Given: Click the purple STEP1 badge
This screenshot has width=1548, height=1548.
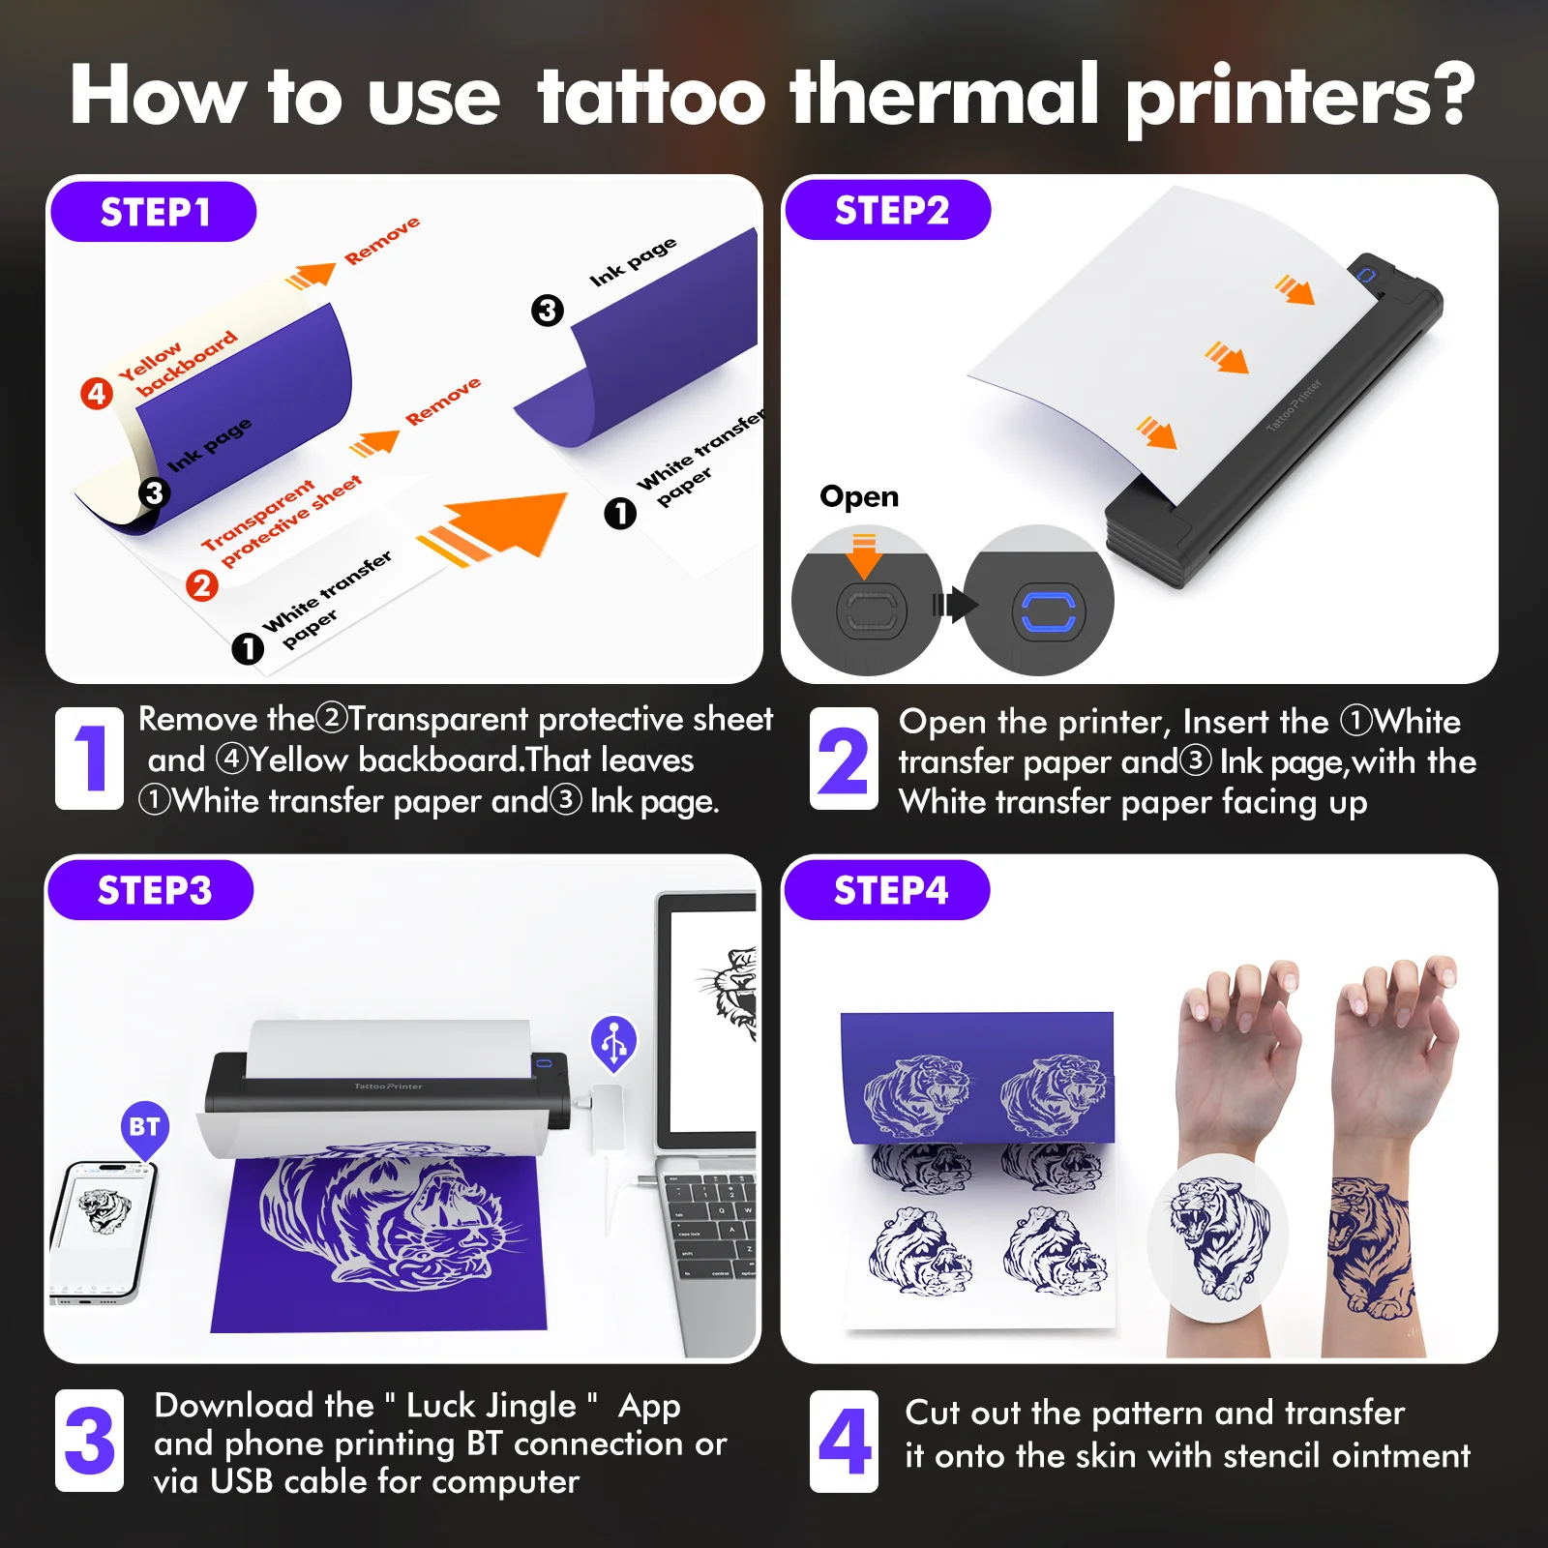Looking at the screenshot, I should [x=154, y=212].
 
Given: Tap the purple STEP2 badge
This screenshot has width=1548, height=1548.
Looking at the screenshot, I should [x=888, y=210].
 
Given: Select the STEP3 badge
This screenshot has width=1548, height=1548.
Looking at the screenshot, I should [x=151, y=890].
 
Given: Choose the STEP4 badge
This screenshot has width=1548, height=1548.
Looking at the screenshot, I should [x=887, y=890].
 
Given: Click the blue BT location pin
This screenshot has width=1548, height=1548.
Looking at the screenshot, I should [x=145, y=1128].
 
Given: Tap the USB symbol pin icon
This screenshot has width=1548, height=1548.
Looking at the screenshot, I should [x=614, y=1043].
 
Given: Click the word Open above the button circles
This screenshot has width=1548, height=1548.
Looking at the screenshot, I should [x=859, y=496].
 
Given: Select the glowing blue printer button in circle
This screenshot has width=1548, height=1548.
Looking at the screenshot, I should [x=1048, y=611].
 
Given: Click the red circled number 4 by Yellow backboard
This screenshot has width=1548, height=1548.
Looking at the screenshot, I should [x=97, y=393].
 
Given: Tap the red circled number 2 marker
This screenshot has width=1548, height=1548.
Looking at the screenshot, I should [x=201, y=585].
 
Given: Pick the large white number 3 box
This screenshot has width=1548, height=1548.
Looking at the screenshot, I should [x=89, y=1441].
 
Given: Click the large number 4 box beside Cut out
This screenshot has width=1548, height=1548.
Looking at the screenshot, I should [x=845, y=1441].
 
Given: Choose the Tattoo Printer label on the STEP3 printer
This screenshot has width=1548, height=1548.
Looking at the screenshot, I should [x=388, y=1087].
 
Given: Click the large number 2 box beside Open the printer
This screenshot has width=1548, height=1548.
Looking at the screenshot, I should [x=844, y=759].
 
